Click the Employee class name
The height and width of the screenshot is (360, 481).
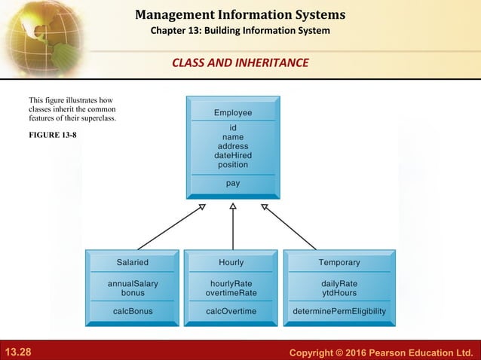pos(232,113)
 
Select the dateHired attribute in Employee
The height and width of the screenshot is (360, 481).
pos(232,155)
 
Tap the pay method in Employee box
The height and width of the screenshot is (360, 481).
pos(232,183)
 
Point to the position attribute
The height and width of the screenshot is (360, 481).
pos(232,164)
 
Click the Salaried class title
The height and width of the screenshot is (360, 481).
pos(132,263)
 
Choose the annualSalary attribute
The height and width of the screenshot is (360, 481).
pos(132,283)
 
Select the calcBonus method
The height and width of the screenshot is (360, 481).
pos(132,311)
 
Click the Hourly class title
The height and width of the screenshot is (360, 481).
pos(231,263)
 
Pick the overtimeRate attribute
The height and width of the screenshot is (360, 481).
pos(232,292)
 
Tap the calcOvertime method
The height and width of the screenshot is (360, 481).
pos(232,311)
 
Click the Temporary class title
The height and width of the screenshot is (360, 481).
pos(339,263)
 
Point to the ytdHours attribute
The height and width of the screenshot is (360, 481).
pos(339,292)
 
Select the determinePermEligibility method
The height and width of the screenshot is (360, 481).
pos(339,311)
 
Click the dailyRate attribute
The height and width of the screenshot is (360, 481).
pos(339,283)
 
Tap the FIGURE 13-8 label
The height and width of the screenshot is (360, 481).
pos(52,135)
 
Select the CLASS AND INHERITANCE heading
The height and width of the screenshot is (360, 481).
pos(240,63)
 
